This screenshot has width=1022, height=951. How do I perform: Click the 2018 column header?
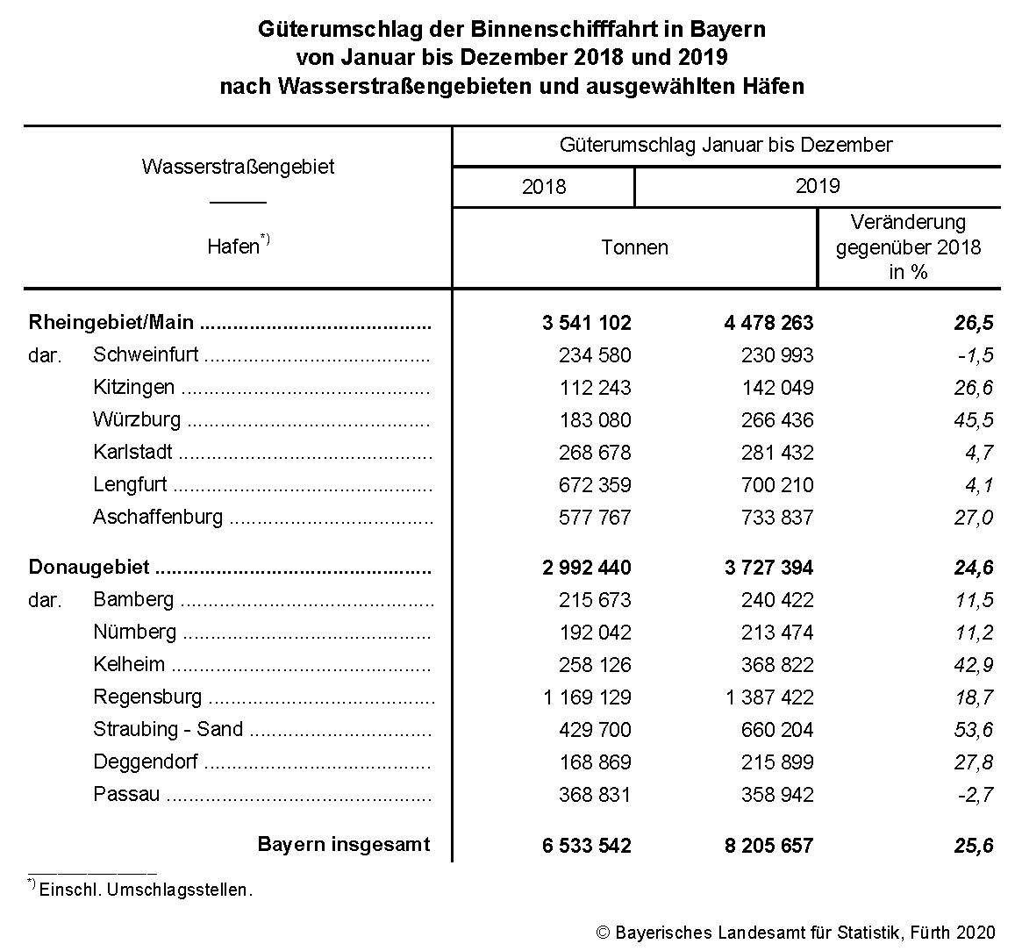[544, 187]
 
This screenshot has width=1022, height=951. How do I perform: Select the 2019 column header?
[818, 186]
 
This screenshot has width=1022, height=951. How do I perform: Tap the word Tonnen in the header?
[634, 247]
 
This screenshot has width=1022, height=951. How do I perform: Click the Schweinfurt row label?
[146, 355]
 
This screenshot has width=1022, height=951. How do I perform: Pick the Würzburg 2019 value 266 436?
[777, 420]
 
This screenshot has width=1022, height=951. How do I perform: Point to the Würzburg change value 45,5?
[973, 420]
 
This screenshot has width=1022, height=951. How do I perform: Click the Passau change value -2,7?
[973, 795]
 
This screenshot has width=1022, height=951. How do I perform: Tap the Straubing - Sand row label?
[168, 730]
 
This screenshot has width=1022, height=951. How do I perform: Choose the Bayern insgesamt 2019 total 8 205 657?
[768, 846]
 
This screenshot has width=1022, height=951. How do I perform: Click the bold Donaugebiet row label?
[89, 568]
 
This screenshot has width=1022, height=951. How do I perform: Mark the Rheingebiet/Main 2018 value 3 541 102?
[587, 323]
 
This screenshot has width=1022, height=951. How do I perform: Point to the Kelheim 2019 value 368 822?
[777, 665]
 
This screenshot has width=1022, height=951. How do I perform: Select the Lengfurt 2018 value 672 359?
[595, 485]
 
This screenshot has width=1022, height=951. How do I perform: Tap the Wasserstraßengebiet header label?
[238, 167]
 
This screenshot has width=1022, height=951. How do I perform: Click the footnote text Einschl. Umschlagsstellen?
[146, 890]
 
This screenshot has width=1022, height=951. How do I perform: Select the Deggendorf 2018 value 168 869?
[595, 762]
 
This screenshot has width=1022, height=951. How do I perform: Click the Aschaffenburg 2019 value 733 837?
[777, 518]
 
